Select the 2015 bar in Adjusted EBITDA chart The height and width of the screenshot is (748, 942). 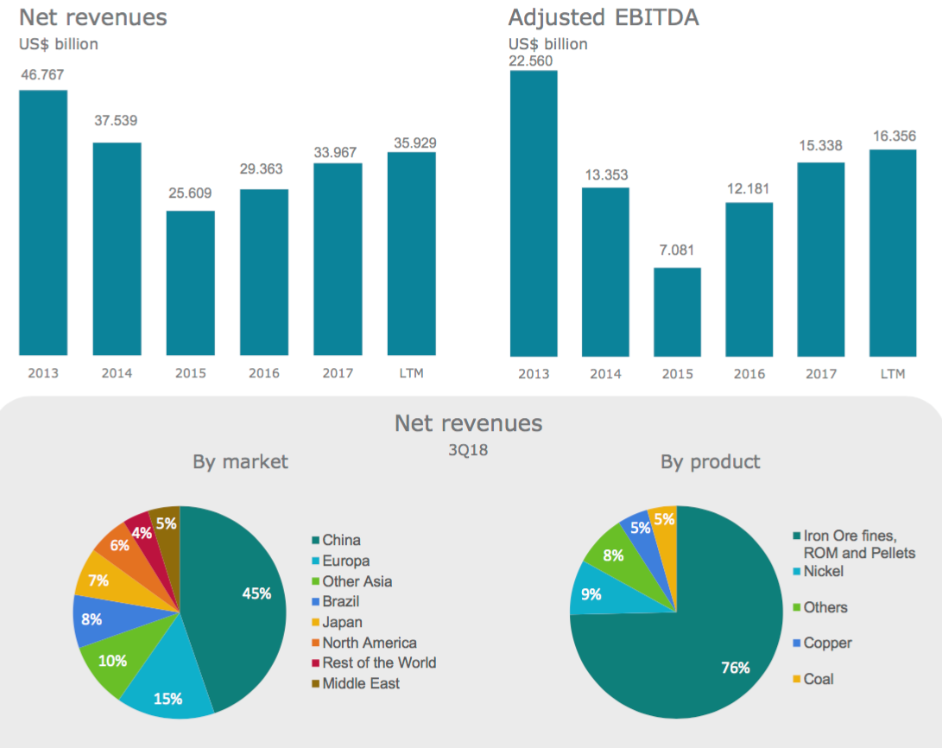677,312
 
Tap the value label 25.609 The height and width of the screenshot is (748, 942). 190,193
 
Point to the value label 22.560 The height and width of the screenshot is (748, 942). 533,60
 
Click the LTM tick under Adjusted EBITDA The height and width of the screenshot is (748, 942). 893,374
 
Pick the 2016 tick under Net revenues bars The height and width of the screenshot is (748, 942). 263,374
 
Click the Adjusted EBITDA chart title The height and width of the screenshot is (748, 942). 604,17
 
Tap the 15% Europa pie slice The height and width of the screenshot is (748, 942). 168,687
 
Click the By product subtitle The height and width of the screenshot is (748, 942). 710,462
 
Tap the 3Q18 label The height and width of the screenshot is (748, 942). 467,449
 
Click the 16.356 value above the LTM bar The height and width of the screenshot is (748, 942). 894,136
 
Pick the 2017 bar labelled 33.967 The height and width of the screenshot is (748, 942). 338,258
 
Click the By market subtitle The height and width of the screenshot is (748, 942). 240,462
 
